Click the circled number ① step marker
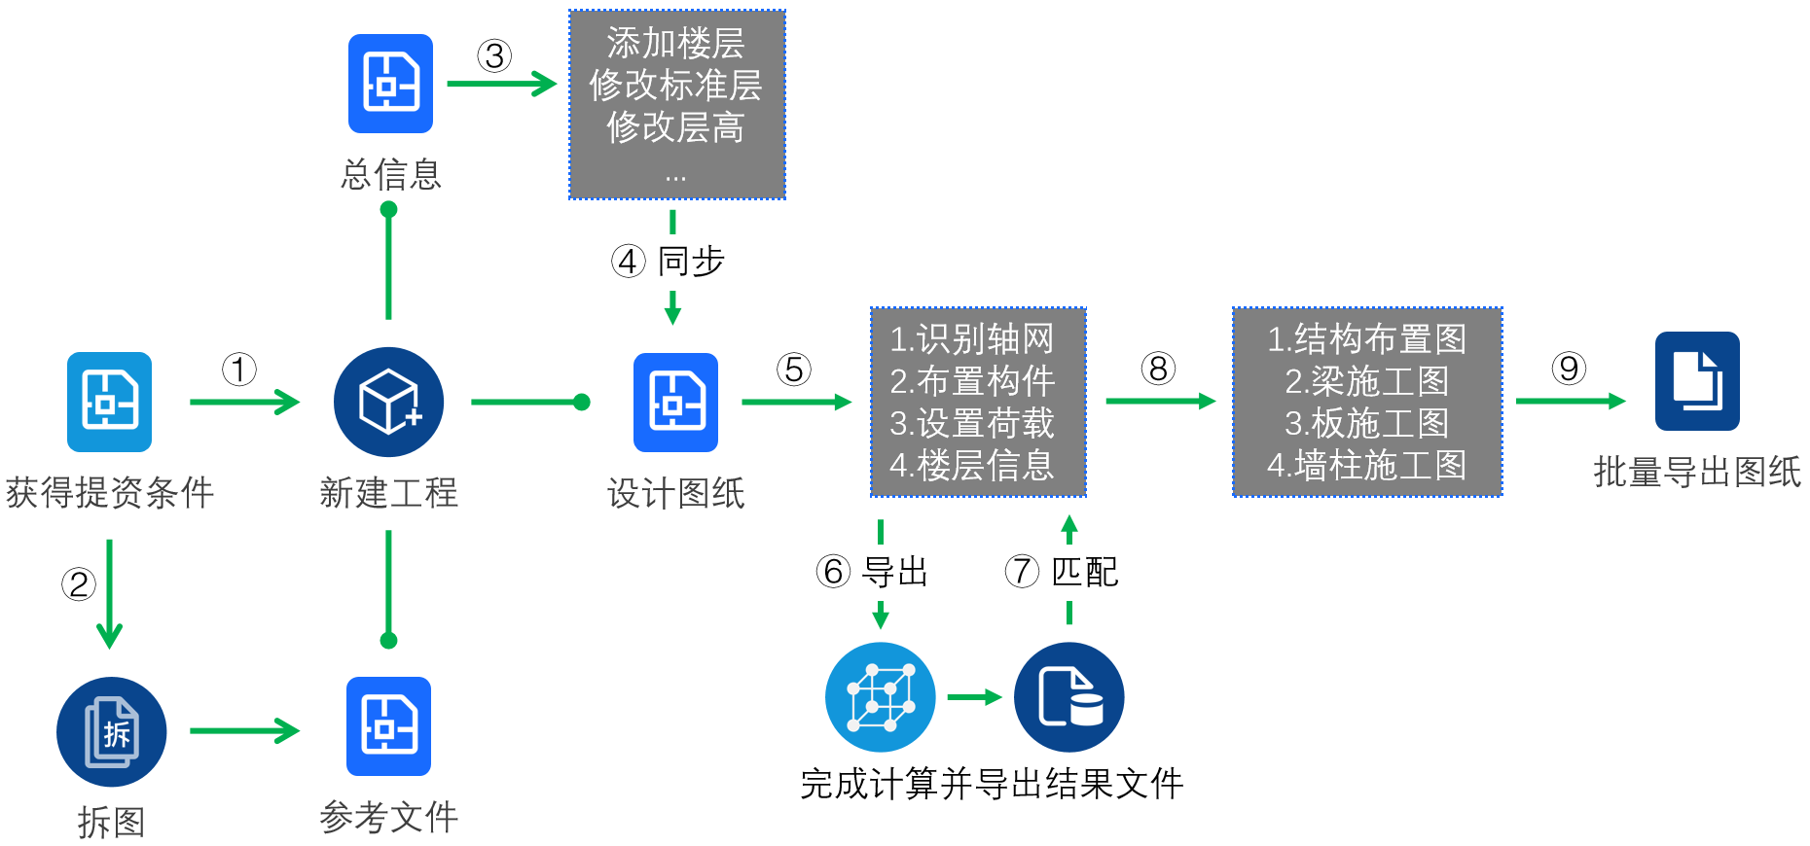[x=239, y=370]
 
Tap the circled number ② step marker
[x=79, y=584]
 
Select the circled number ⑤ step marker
[x=794, y=370]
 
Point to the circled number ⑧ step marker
[x=1158, y=370]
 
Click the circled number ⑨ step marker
[x=1569, y=369]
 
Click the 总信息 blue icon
[x=390, y=84]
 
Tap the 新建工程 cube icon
[x=388, y=402]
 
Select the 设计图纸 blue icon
[x=675, y=402]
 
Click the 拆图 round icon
[x=111, y=731]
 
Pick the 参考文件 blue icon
[x=388, y=725]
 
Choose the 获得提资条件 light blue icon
[x=109, y=402]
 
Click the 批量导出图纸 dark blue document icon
[x=1697, y=381]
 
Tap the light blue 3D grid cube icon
[x=880, y=696]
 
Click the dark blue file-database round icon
[x=1068, y=696]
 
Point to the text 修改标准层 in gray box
[x=675, y=86]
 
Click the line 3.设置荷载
[x=972, y=423]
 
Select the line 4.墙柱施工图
[x=1366, y=465]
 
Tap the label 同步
[x=691, y=261]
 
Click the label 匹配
[x=1085, y=572]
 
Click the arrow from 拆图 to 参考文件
[x=244, y=730]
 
